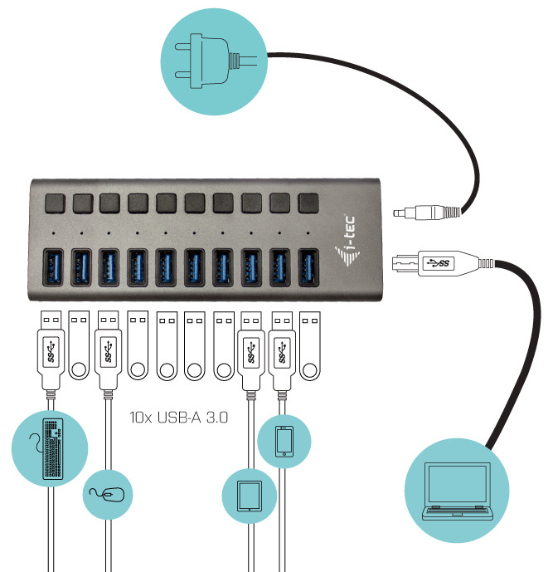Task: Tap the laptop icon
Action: (457, 491)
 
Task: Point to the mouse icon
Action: (108, 495)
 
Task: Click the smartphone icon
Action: (284, 442)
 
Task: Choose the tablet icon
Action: (250, 496)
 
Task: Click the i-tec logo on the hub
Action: (347, 241)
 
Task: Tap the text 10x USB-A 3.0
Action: (179, 418)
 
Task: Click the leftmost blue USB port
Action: (53, 267)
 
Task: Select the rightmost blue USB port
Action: (308, 267)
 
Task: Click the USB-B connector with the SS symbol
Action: (443, 263)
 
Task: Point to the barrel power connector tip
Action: (400, 213)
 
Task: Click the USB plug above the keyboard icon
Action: (51, 350)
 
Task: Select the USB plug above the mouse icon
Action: (108, 350)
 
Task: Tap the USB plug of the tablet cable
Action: (250, 351)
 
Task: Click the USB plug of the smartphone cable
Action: (282, 351)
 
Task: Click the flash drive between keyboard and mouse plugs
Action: (79, 345)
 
